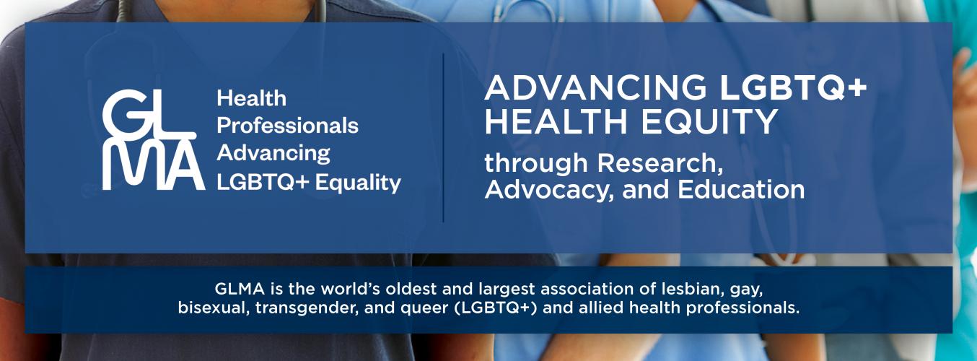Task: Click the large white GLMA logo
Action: tap(154, 139)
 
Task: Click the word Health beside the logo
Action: tap(252, 98)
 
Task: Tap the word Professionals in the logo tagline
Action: tap(287, 126)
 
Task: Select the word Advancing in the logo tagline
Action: tap(273, 154)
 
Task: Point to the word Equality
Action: tap(358, 183)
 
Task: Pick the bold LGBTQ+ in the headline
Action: tap(793, 87)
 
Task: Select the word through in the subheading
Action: tap(536, 163)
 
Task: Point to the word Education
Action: tap(741, 190)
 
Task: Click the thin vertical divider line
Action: tap(443, 138)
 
